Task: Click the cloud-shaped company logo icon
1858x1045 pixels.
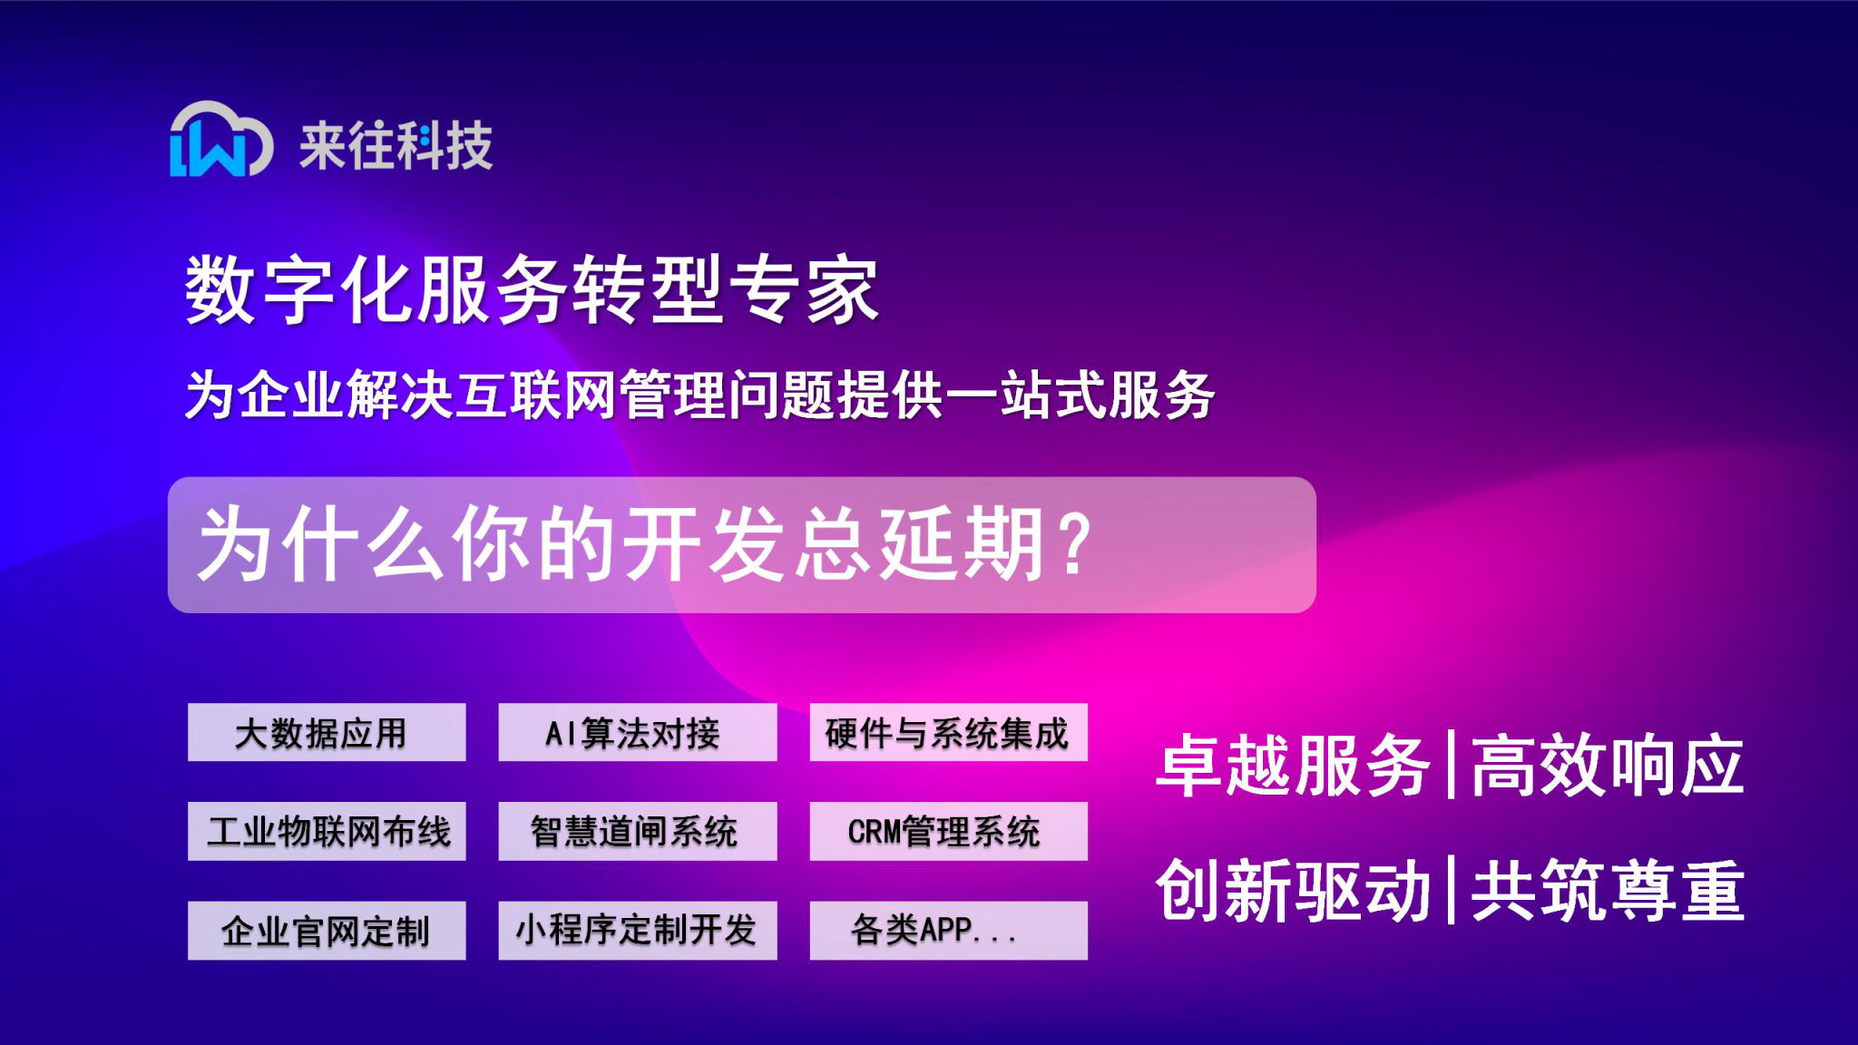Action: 220,140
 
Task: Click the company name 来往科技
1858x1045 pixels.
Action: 396,145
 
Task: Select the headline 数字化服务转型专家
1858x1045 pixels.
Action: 532,289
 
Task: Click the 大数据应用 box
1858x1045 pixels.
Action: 327,732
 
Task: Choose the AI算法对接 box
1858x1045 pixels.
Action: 637,732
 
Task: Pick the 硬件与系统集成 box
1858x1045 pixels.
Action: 948,732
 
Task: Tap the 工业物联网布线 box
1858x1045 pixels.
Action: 327,831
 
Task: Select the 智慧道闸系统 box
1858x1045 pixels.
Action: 637,831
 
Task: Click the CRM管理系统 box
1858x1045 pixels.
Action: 948,831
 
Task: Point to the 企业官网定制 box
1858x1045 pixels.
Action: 327,930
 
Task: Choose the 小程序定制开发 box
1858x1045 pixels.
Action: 637,930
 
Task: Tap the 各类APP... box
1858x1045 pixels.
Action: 948,930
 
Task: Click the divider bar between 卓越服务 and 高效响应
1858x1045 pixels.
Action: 1451,765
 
